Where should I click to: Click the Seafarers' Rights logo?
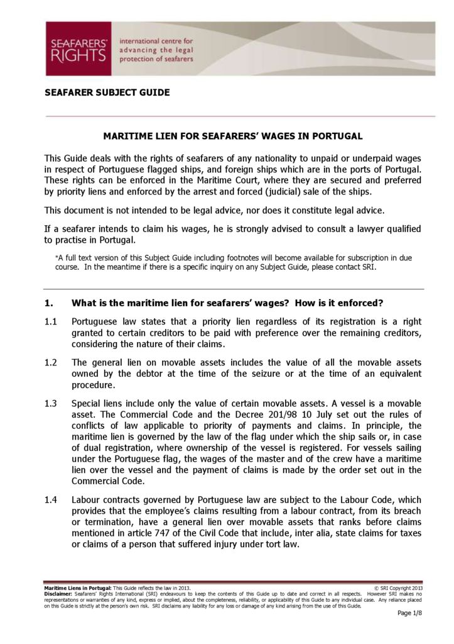point(78,48)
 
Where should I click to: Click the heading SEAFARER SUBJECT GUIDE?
point(107,92)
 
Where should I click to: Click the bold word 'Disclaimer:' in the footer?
point(58,593)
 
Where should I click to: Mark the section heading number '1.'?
point(48,303)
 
